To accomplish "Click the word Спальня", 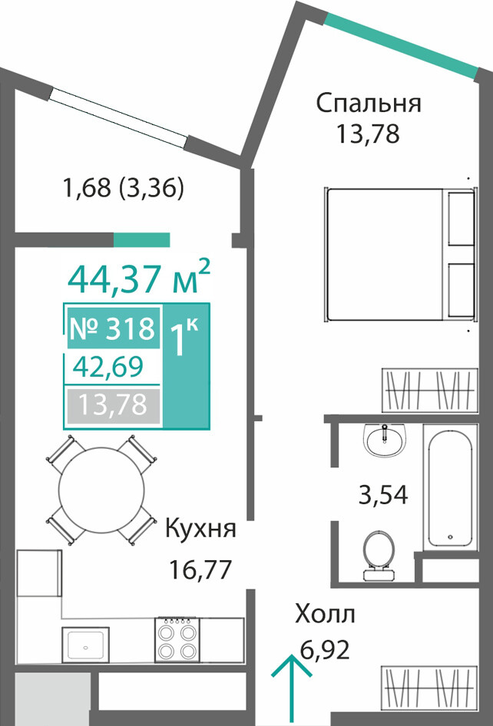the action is [x=369, y=104].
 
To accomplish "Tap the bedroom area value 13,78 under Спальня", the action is [x=368, y=135].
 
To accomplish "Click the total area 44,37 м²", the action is [x=140, y=279].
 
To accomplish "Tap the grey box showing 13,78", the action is [x=113, y=406].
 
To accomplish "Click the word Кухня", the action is [x=200, y=529].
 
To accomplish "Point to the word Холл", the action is [x=326, y=615].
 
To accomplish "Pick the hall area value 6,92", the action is [x=324, y=651].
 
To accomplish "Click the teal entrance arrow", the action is [x=291, y=690].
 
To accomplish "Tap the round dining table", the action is [x=101, y=490].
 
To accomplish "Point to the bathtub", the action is [x=450, y=488].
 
